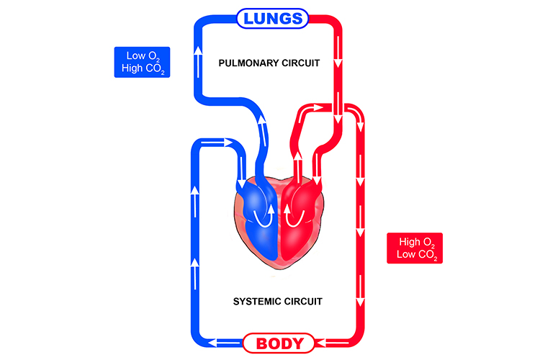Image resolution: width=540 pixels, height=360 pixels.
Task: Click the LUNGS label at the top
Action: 272,19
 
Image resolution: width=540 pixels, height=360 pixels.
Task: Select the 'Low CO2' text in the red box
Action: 414,256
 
